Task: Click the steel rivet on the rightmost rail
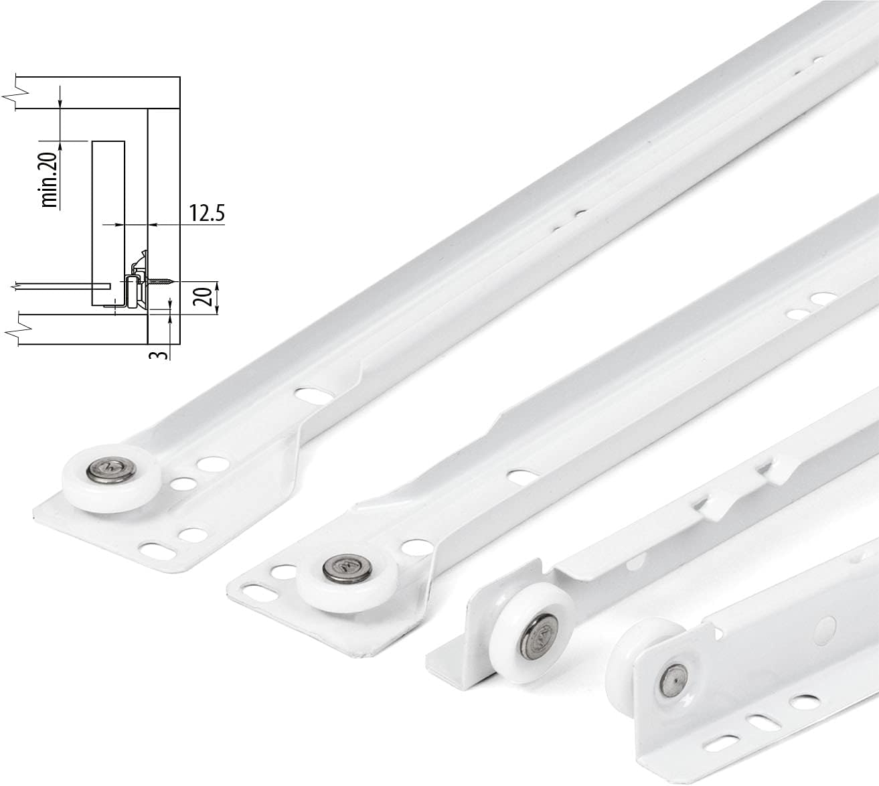(x=671, y=679)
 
